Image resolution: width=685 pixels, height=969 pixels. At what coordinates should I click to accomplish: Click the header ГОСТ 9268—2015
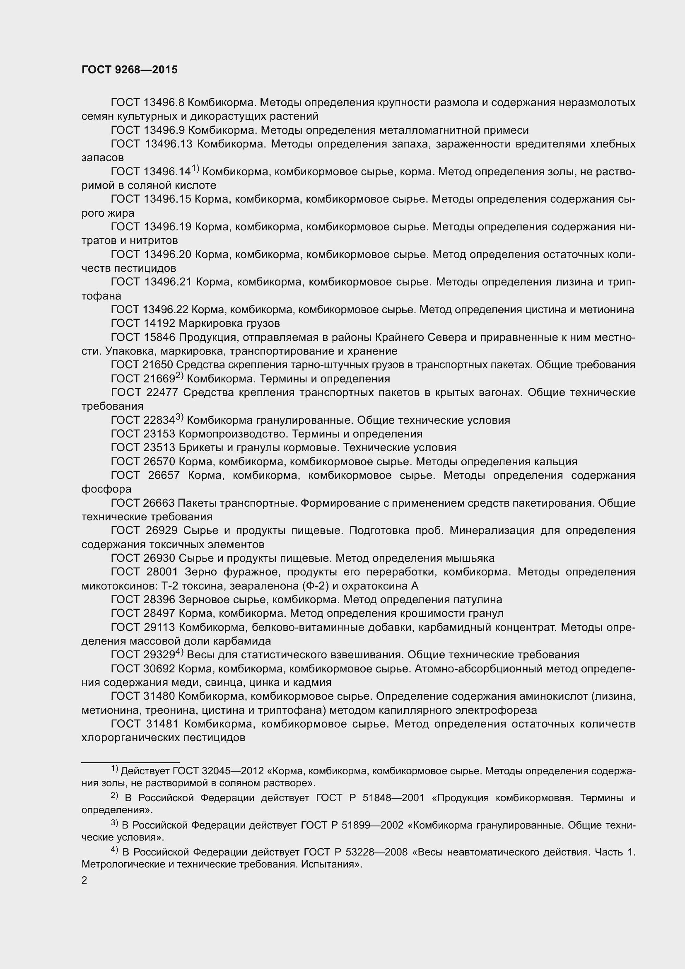(130, 70)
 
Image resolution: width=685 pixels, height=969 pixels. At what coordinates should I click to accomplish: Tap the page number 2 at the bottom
(84, 880)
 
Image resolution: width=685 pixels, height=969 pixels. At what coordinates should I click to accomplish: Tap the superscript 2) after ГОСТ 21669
(180, 376)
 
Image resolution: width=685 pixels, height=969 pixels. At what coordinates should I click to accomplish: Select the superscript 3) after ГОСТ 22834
(180, 418)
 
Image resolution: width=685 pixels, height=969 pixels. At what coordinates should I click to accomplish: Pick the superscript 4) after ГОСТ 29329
(180, 652)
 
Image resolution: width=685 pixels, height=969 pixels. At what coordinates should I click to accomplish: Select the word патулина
(478, 600)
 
